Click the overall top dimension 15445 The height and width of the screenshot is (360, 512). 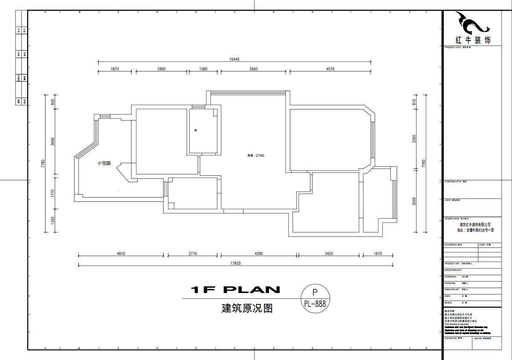234,59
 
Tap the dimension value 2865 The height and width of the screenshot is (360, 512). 161,69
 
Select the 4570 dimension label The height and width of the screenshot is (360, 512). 330,69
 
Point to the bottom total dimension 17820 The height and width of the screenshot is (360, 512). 236,263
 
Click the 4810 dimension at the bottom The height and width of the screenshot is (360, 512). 121,254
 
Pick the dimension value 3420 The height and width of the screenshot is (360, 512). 329,254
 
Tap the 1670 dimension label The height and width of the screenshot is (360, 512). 377,254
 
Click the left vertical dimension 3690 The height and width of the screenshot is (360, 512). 52,141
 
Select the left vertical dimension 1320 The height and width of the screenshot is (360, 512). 52,221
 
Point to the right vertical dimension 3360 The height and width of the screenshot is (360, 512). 414,139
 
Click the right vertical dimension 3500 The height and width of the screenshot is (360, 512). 414,202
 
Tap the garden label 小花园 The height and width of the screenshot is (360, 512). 104,163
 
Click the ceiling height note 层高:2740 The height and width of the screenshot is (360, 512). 256,155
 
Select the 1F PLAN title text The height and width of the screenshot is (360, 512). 236,290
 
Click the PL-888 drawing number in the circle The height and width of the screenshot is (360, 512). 315,304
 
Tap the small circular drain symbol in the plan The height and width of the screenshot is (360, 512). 195,130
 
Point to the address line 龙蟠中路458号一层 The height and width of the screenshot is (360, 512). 475,230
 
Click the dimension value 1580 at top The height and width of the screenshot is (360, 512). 204,69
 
